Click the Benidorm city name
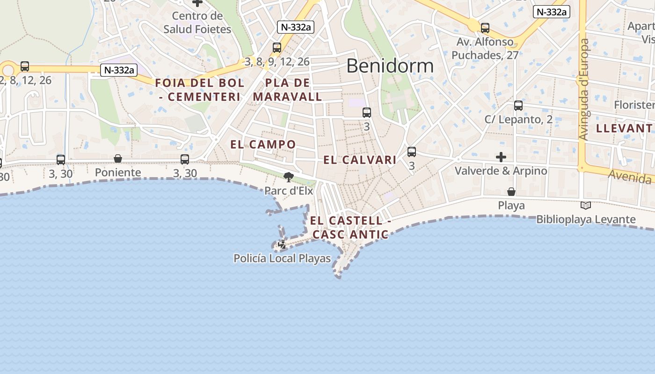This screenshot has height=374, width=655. coord(390,66)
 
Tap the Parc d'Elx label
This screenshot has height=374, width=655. coord(289,191)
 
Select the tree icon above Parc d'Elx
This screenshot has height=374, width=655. coord(288,177)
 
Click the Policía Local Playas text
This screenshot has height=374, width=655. coord(282,258)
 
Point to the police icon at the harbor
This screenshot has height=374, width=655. coord(282,244)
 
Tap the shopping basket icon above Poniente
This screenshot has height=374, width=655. coord(118,159)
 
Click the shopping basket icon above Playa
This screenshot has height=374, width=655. coord(511,192)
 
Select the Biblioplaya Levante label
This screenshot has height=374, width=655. coord(586,219)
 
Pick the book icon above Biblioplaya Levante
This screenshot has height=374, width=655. coord(585,205)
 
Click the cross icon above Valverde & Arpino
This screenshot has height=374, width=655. coord(501,157)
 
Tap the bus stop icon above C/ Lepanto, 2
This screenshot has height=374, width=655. coord(518,105)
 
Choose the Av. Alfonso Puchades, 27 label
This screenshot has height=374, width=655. coord(485,49)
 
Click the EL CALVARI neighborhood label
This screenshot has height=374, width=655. coord(360,160)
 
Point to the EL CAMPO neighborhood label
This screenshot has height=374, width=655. coord(263,144)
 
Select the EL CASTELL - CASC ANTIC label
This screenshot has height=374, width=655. coord(350,227)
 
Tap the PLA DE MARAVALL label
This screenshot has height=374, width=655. coord(287,90)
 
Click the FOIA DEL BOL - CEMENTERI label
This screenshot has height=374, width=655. coord(200,90)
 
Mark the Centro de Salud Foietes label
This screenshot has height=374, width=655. coord(197,22)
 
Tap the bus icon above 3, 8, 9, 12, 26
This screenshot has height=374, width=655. coord(277,47)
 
